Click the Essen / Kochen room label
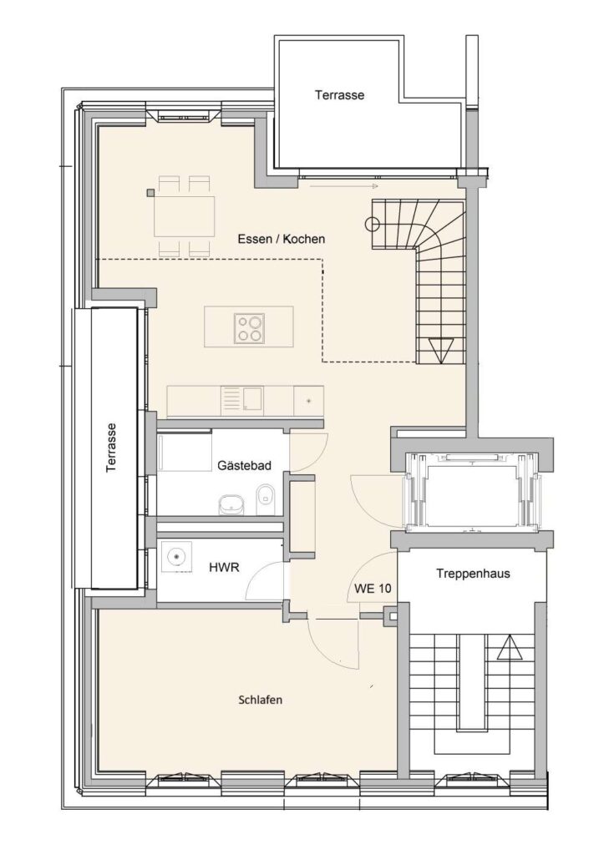pos(281,239)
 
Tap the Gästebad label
pos(244,466)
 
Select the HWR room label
pos(224,567)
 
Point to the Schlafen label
pos(261,700)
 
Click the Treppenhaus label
pos(473,573)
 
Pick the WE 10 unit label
pos(373,589)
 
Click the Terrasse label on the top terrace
pos(339,95)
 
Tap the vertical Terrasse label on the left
pos(111,448)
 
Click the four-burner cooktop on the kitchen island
pos(249,328)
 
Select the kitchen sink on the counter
pos(243,401)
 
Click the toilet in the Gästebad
pos(266,498)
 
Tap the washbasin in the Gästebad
pos(231,505)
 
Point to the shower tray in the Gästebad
pos(185,452)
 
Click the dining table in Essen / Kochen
pos(184,216)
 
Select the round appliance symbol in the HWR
pos(176,557)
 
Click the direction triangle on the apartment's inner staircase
pos(441,350)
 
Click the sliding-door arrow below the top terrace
pos(344,186)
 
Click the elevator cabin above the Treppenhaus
pos(472,489)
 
